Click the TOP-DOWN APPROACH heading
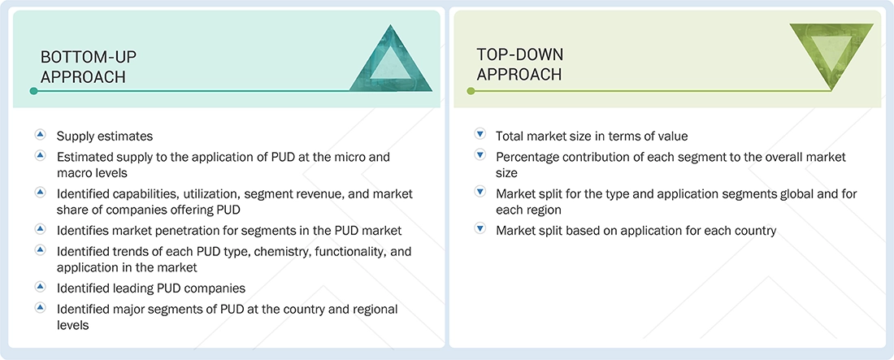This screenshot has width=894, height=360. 519,64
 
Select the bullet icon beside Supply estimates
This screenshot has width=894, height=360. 40,135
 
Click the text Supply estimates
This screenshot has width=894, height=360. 105,136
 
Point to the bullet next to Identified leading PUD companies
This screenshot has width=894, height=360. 40,287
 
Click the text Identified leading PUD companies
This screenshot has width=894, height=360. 150,288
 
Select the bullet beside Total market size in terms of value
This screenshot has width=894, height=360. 480,135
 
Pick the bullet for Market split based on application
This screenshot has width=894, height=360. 480,230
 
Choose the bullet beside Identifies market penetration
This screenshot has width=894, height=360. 40,229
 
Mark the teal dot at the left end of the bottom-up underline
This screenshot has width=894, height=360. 33,91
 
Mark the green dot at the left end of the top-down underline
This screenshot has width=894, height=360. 471,91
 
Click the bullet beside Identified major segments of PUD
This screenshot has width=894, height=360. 40,308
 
